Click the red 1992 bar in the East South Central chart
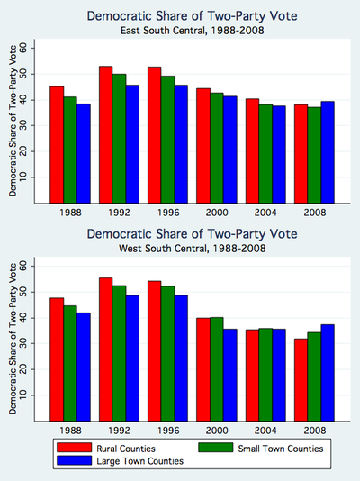click(x=106, y=134)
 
